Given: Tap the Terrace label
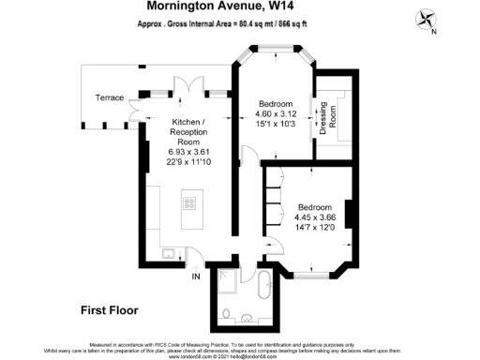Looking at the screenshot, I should (110, 97).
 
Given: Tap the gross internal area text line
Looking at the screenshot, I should (219, 29).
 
